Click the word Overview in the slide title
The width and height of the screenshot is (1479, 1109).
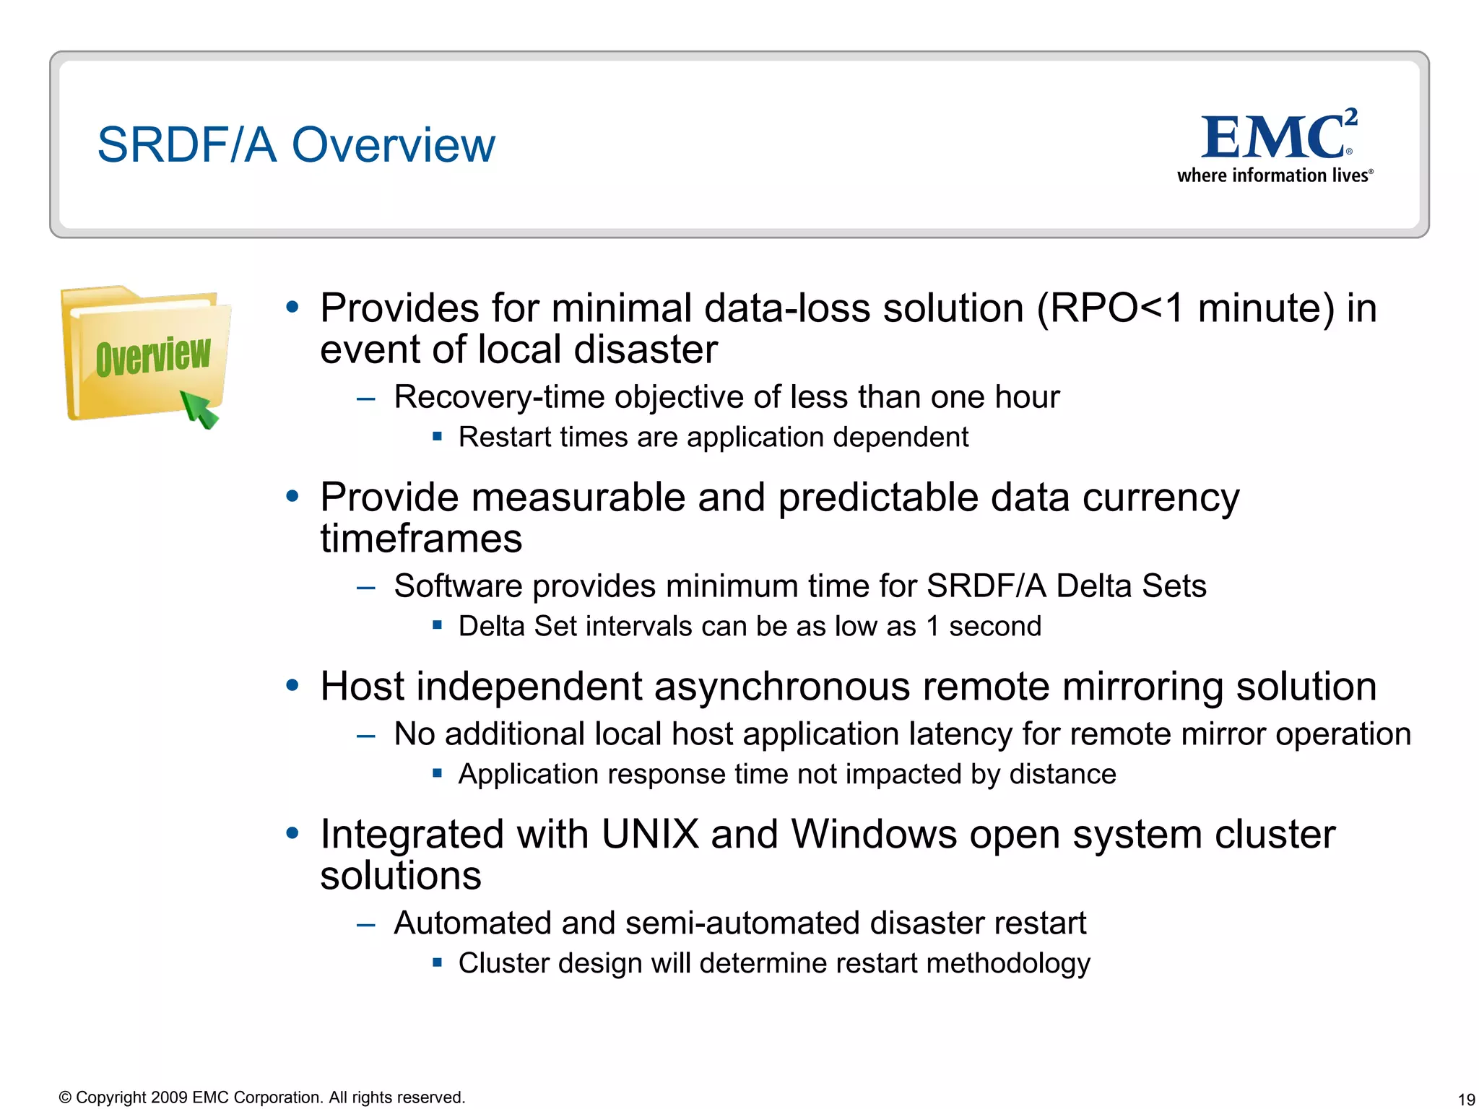393,144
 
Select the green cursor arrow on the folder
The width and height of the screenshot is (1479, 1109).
199,409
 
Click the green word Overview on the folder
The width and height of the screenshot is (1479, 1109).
153,356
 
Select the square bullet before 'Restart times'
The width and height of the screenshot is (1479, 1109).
437,436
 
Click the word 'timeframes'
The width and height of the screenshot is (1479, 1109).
421,539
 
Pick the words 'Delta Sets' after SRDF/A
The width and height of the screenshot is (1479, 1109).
1131,586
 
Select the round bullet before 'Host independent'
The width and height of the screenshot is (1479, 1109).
292,685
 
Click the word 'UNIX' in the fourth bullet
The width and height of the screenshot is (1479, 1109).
650,834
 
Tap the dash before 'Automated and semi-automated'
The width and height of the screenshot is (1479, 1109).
366,924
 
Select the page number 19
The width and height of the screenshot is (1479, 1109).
1466,1100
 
